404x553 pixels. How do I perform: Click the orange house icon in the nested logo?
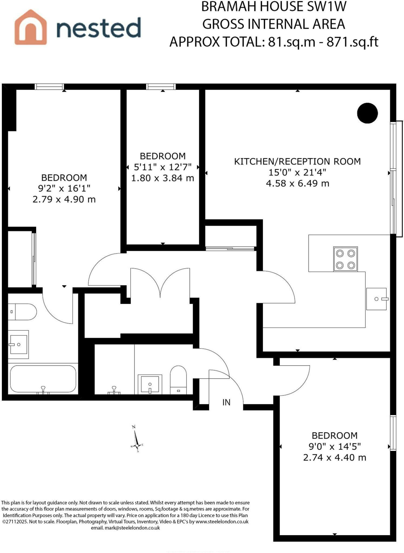(30, 27)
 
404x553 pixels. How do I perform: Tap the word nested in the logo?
(99, 28)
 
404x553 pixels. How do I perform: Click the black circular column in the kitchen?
(367, 113)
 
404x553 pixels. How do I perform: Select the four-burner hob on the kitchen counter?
(345, 259)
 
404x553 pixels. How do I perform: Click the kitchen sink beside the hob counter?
(377, 299)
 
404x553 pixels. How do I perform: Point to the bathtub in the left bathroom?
(43, 379)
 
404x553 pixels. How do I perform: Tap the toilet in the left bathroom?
(22, 312)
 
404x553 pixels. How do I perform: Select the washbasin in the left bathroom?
(18, 344)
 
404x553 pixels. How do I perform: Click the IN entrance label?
(226, 403)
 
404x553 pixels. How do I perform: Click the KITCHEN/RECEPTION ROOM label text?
(297, 161)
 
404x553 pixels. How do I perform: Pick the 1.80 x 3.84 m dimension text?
(163, 178)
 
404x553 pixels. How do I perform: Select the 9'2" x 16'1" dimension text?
(64, 188)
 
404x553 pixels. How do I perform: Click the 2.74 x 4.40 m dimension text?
(335, 457)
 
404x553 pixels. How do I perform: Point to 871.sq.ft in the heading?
(352, 42)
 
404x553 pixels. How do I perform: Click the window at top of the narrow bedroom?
(161, 86)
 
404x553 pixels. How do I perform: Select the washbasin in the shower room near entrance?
(150, 384)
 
